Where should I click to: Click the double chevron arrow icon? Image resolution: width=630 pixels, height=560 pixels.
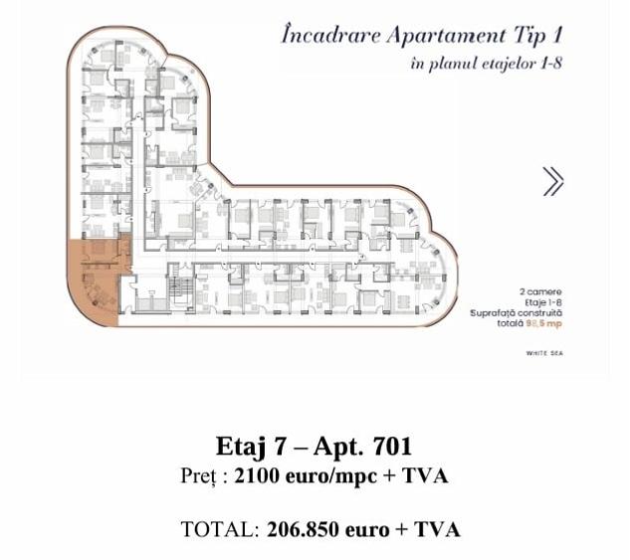(553, 181)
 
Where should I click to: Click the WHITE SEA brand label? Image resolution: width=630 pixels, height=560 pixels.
(543, 352)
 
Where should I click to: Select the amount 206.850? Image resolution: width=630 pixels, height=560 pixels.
(305, 528)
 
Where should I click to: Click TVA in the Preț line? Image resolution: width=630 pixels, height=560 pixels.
(425, 476)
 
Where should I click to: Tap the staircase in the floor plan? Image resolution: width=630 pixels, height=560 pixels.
(180, 291)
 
